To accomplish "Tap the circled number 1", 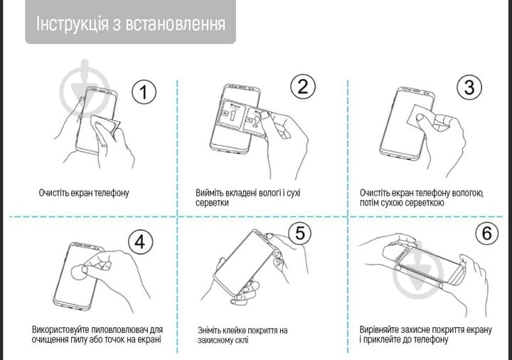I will tap(144, 92).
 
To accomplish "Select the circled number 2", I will tap(302, 87).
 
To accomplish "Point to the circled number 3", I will tap(469, 88).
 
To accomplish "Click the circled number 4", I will tap(140, 242).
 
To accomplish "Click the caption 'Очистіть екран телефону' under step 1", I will tap(84, 193).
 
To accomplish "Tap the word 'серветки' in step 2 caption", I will tap(213, 203).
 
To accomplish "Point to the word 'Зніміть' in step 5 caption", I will tap(211, 330).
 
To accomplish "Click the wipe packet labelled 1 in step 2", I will tap(235, 116).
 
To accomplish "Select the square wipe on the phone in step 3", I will tap(417, 114).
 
